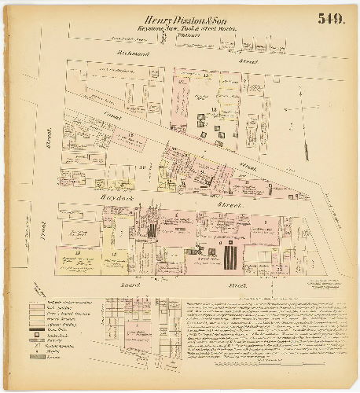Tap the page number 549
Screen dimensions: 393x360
click(333, 19)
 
